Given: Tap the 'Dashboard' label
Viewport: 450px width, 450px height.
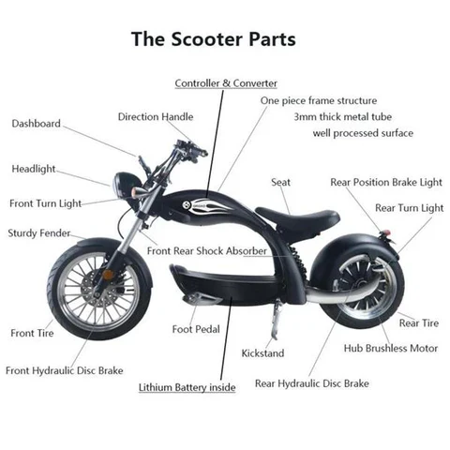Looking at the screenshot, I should click(x=37, y=124).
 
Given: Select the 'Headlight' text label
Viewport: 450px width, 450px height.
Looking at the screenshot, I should click(x=34, y=169).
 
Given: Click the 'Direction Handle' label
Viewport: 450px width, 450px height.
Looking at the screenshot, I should click(x=156, y=117).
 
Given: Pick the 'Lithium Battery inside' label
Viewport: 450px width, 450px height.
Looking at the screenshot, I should click(x=187, y=386).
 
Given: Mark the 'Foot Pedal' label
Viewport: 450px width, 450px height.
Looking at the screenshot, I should click(x=195, y=329).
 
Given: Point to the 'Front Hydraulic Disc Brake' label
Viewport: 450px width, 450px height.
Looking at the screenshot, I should click(x=65, y=370).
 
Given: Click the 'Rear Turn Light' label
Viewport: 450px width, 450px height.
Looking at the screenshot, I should click(x=409, y=207).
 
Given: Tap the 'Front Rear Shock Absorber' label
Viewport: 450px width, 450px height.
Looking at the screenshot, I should click(x=209, y=251).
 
